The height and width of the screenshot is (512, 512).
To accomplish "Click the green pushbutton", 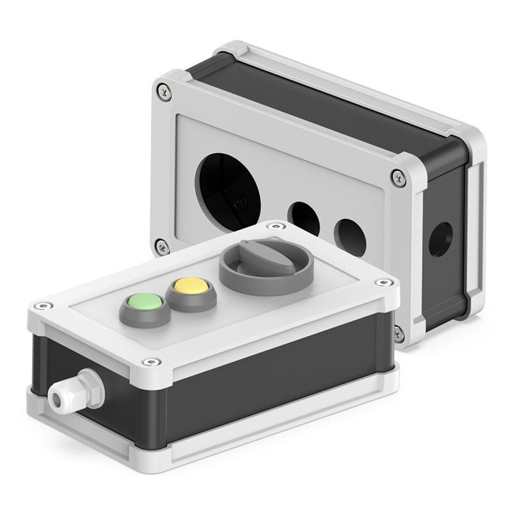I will pos(145,301).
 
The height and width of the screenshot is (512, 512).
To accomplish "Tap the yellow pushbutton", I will pos(189,285).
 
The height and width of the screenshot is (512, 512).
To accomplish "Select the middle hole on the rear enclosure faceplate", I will pos(303,218).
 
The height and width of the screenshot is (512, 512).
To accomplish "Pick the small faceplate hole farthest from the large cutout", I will pos(349,235).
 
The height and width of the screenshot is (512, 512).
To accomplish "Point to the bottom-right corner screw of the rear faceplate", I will pos(398,333).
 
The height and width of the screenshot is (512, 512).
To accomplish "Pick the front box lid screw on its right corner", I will pos(383,282).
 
